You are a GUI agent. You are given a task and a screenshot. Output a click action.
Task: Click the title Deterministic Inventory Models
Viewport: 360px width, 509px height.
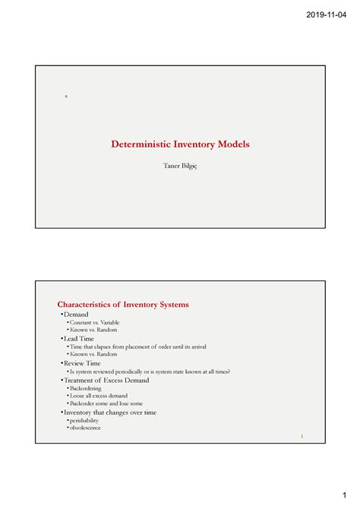pyautogui.click(x=181, y=144)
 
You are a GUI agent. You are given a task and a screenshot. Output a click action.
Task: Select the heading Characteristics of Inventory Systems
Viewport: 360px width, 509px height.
pyautogui.click(x=124, y=305)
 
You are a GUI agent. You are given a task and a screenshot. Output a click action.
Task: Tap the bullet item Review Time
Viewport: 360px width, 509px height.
pyautogui.click(x=82, y=363)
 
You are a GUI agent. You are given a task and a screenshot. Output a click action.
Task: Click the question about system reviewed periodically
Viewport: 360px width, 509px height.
pyautogui.click(x=149, y=371)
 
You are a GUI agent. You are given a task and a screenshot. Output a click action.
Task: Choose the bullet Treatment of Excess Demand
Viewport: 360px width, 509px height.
pyautogui.click(x=112, y=381)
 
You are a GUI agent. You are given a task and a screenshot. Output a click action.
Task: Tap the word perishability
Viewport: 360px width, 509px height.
pyautogui.click(x=84, y=420)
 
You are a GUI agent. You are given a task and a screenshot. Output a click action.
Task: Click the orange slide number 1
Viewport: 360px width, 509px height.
pyautogui.click(x=302, y=437)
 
